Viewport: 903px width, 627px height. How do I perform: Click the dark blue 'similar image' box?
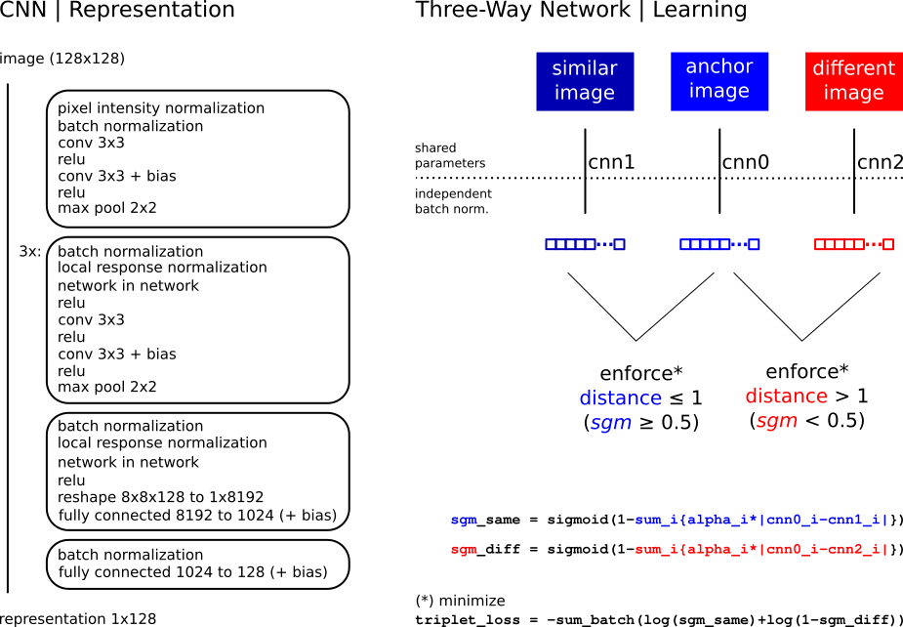pyautogui.click(x=585, y=81)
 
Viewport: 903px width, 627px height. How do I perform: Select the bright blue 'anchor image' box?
pyautogui.click(x=719, y=81)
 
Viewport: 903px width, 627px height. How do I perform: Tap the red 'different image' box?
pyautogui.click(x=853, y=81)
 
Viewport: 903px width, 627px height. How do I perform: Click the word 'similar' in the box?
pyautogui.click(x=585, y=68)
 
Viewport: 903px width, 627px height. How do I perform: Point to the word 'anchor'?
pyautogui.click(x=719, y=66)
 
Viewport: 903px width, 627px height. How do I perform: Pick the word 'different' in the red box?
pyautogui.click(x=853, y=68)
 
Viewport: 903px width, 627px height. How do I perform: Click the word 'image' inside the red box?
pyautogui.click(x=853, y=94)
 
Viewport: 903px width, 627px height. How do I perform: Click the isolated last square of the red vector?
pyautogui.click(x=888, y=244)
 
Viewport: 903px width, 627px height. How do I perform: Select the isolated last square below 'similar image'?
pyautogui.click(x=619, y=244)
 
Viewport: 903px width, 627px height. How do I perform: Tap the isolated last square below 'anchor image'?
pyautogui.click(x=754, y=244)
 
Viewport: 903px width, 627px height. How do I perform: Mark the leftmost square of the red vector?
pyautogui.click(x=820, y=244)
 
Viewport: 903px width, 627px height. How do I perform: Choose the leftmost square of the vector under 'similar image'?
pyautogui.click(x=551, y=244)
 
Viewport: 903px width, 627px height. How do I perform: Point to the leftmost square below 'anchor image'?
pyautogui.click(x=685, y=244)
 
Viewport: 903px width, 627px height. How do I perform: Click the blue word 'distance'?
pyautogui.click(x=620, y=398)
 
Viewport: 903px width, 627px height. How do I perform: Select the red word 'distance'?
pyautogui.click(x=786, y=397)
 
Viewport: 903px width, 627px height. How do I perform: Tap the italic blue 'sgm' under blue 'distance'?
pyautogui.click(x=611, y=423)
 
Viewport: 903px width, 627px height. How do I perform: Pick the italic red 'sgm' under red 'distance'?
pyautogui.click(x=777, y=422)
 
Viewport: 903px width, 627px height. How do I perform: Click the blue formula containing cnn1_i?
pyautogui.click(x=761, y=521)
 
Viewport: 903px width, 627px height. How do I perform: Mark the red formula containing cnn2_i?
pyautogui.click(x=761, y=550)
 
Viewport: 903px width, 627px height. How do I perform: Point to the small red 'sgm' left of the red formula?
pyautogui.click(x=464, y=550)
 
